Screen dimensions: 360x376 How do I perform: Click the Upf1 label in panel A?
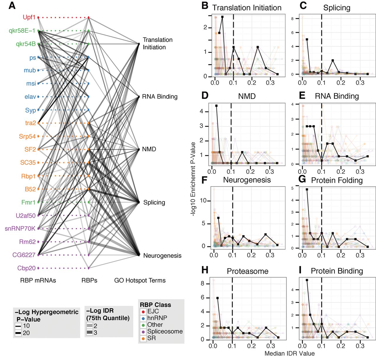pyautogui.click(x=29, y=17)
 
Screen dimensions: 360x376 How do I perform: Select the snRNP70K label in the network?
pyautogui.click(x=20, y=229)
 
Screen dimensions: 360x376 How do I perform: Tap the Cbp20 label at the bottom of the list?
pyautogui.click(x=26, y=268)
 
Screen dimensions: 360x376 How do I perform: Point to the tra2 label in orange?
pyautogui.click(x=30, y=123)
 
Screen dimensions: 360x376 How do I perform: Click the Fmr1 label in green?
pyautogui.click(x=28, y=202)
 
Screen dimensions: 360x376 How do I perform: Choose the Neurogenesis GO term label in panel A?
pyautogui.click(x=162, y=256)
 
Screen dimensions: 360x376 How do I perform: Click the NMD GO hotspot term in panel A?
pyautogui.click(x=149, y=149)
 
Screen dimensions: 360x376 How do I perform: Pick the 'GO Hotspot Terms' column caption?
pyautogui.click(x=140, y=281)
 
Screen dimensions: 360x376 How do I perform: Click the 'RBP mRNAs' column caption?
pyautogui.click(x=38, y=281)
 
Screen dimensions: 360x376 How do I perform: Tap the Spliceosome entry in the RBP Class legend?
pyautogui.click(x=165, y=331)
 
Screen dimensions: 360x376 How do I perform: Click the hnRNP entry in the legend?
pyautogui.click(x=157, y=318)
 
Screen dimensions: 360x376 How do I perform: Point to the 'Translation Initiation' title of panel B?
pyautogui.click(x=247, y=8)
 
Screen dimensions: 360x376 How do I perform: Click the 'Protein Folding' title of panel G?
pyautogui.click(x=337, y=180)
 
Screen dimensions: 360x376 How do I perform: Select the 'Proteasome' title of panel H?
pyautogui.click(x=247, y=271)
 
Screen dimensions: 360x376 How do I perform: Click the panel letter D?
pyautogui.click(x=205, y=96)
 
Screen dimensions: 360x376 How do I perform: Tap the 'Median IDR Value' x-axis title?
pyautogui.click(x=289, y=354)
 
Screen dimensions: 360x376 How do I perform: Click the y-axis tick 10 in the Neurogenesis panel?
pyautogui.click(x=203, y=201)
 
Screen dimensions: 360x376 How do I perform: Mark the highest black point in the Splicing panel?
pyautogui.click(x=307, y=39)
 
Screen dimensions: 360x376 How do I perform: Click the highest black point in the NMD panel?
pyautogui.click(x=216, y=106)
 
